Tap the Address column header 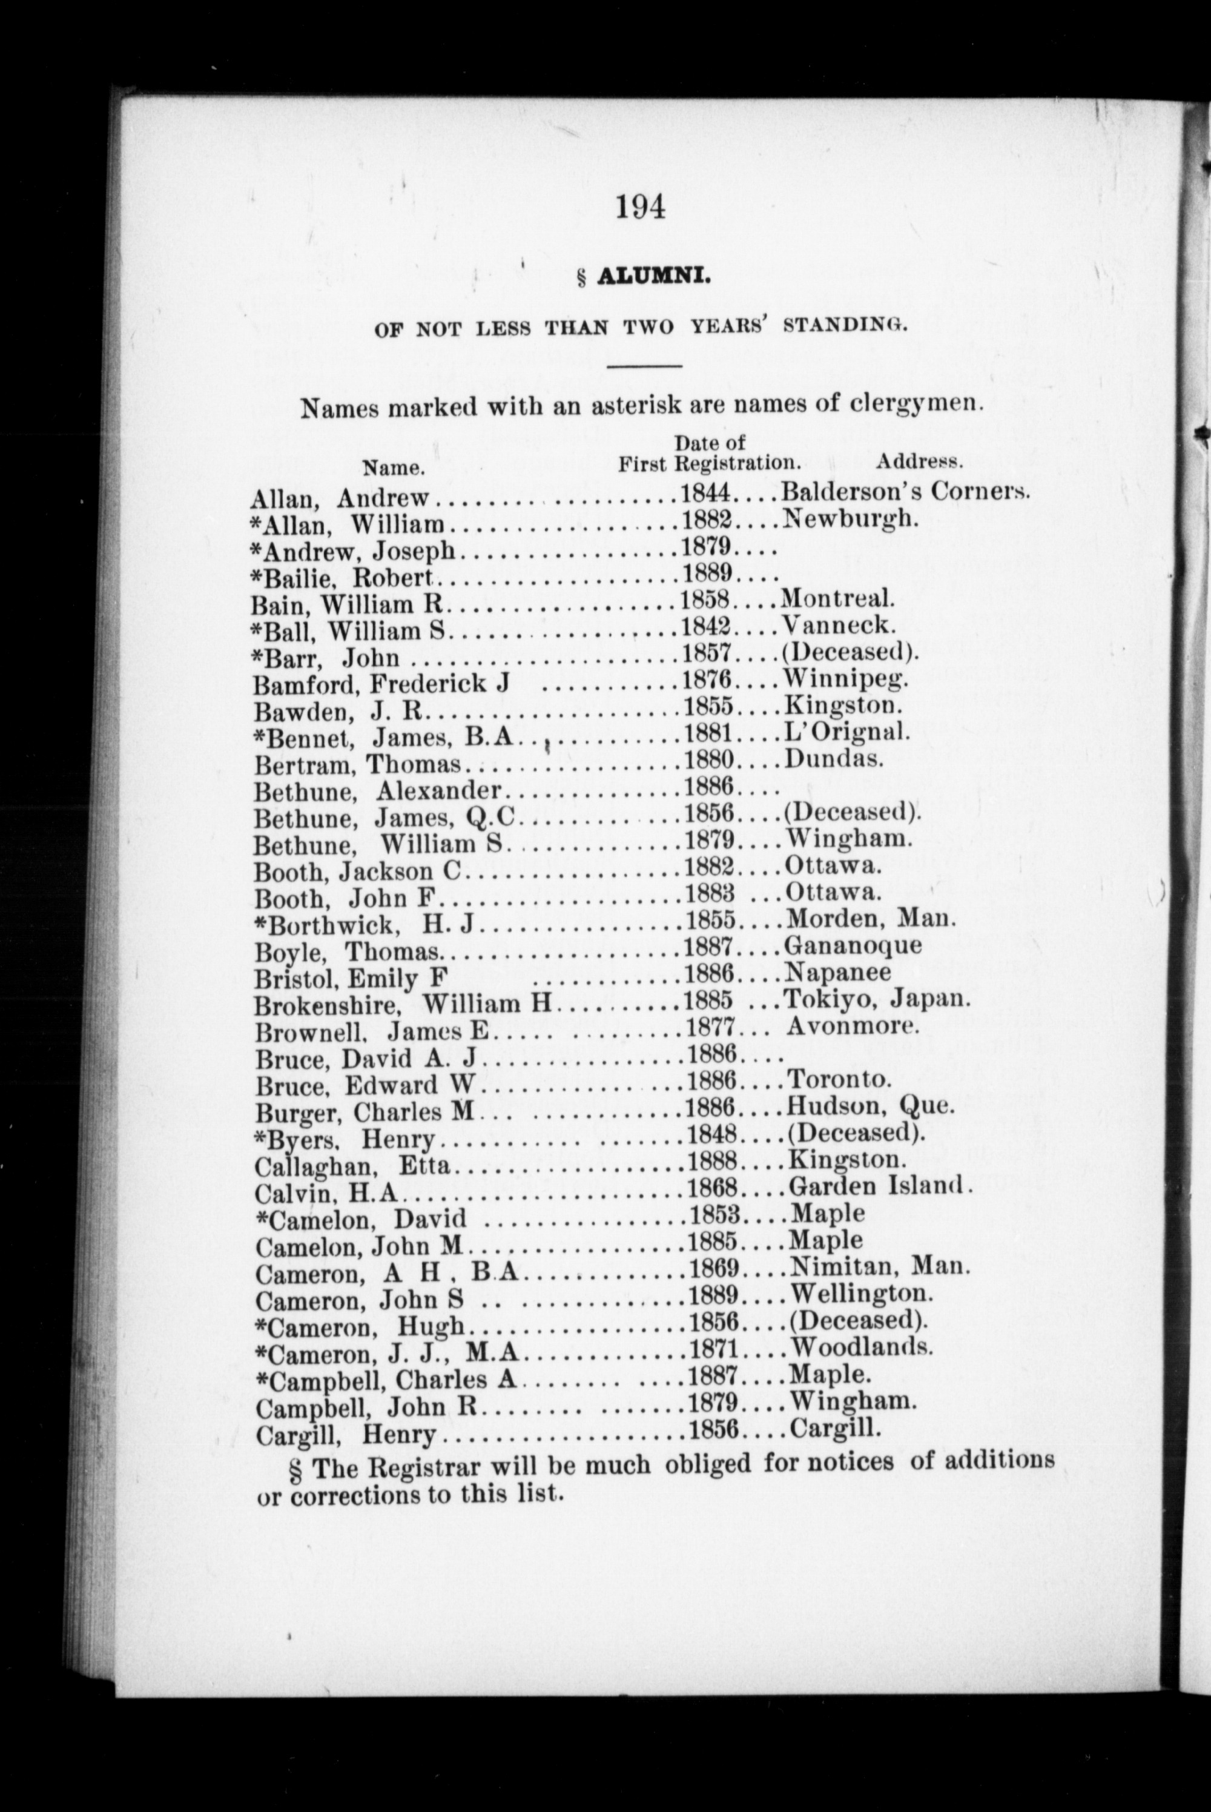pos(919,463)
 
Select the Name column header pos(393,468)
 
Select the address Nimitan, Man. pos(879,1267)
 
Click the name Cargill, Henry pos(346,1434)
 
